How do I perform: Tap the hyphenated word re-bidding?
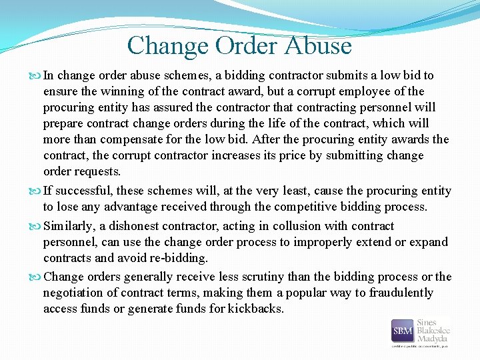(180, 258)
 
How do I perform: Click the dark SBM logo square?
(402, 330)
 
